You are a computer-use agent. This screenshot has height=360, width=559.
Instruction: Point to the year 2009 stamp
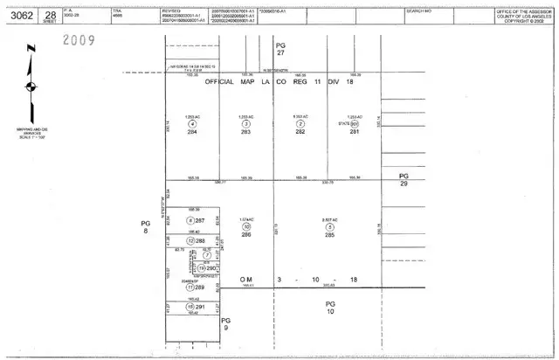tap(82, 39)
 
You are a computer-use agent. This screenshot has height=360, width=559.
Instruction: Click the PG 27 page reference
tap(280, 48)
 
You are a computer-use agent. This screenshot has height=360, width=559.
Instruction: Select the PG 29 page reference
tap(404, 180)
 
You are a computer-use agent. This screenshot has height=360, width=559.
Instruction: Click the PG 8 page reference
tap(146, 227)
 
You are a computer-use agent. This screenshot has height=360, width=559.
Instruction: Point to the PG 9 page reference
tap(224, 324)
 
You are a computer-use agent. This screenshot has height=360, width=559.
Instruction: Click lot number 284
tap(192, 132)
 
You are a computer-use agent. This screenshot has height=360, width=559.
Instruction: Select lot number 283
tap(245, 132)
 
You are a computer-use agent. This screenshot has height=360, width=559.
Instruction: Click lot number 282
tap(300, 132)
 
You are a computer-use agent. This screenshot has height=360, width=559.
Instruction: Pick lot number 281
tap(354, 132)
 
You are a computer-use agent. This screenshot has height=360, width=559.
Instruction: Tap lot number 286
tap(247, 233)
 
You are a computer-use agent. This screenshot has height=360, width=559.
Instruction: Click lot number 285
tap(329, 233)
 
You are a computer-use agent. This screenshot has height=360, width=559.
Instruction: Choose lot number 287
tap(199, 220)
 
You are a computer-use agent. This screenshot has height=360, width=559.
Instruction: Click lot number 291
tap(199, 307)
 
